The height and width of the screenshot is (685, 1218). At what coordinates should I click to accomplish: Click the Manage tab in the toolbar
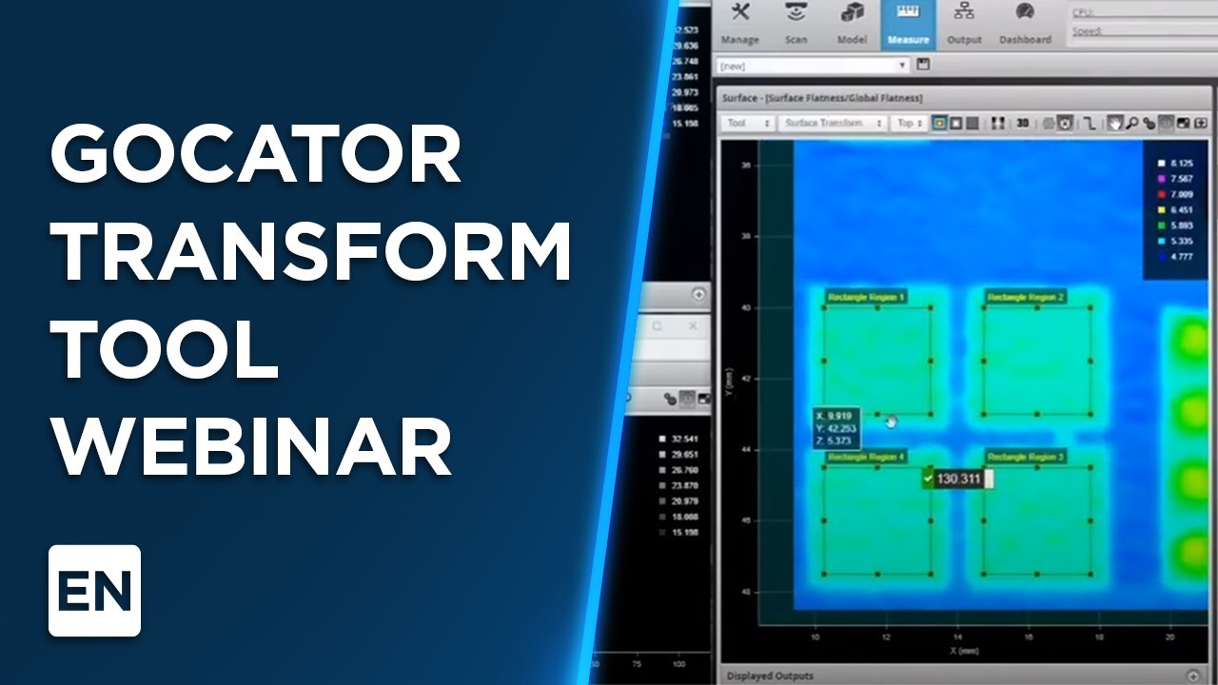pos(739,24)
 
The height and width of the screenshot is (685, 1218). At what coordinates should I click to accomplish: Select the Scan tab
pos(796,24)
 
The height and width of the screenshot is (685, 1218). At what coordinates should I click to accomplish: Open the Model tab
pos(852,24)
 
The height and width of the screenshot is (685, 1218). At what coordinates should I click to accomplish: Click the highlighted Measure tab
pos(908,24)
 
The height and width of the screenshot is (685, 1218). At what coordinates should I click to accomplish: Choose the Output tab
pos(964,24)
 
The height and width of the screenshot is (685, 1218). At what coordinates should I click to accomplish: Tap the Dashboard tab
pos(1025,24)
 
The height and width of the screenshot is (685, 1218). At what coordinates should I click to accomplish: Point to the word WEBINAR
pos(252,446)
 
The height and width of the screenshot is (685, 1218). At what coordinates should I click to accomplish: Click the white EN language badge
pos(94,591)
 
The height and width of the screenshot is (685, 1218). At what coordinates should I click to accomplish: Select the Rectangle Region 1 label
pos(866,298)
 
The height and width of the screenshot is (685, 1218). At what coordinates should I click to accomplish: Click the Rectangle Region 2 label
pos(1026,298)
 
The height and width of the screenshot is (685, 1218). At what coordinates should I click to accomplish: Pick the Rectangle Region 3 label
pos(1026,458)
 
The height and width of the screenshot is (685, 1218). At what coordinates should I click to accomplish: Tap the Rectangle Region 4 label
pos(866,458)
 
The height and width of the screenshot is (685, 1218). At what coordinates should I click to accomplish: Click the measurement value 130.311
pos(957,479)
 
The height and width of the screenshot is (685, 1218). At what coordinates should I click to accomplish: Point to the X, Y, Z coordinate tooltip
pos(836,428)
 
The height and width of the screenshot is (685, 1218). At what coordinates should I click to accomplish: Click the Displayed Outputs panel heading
pos(770,675)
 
